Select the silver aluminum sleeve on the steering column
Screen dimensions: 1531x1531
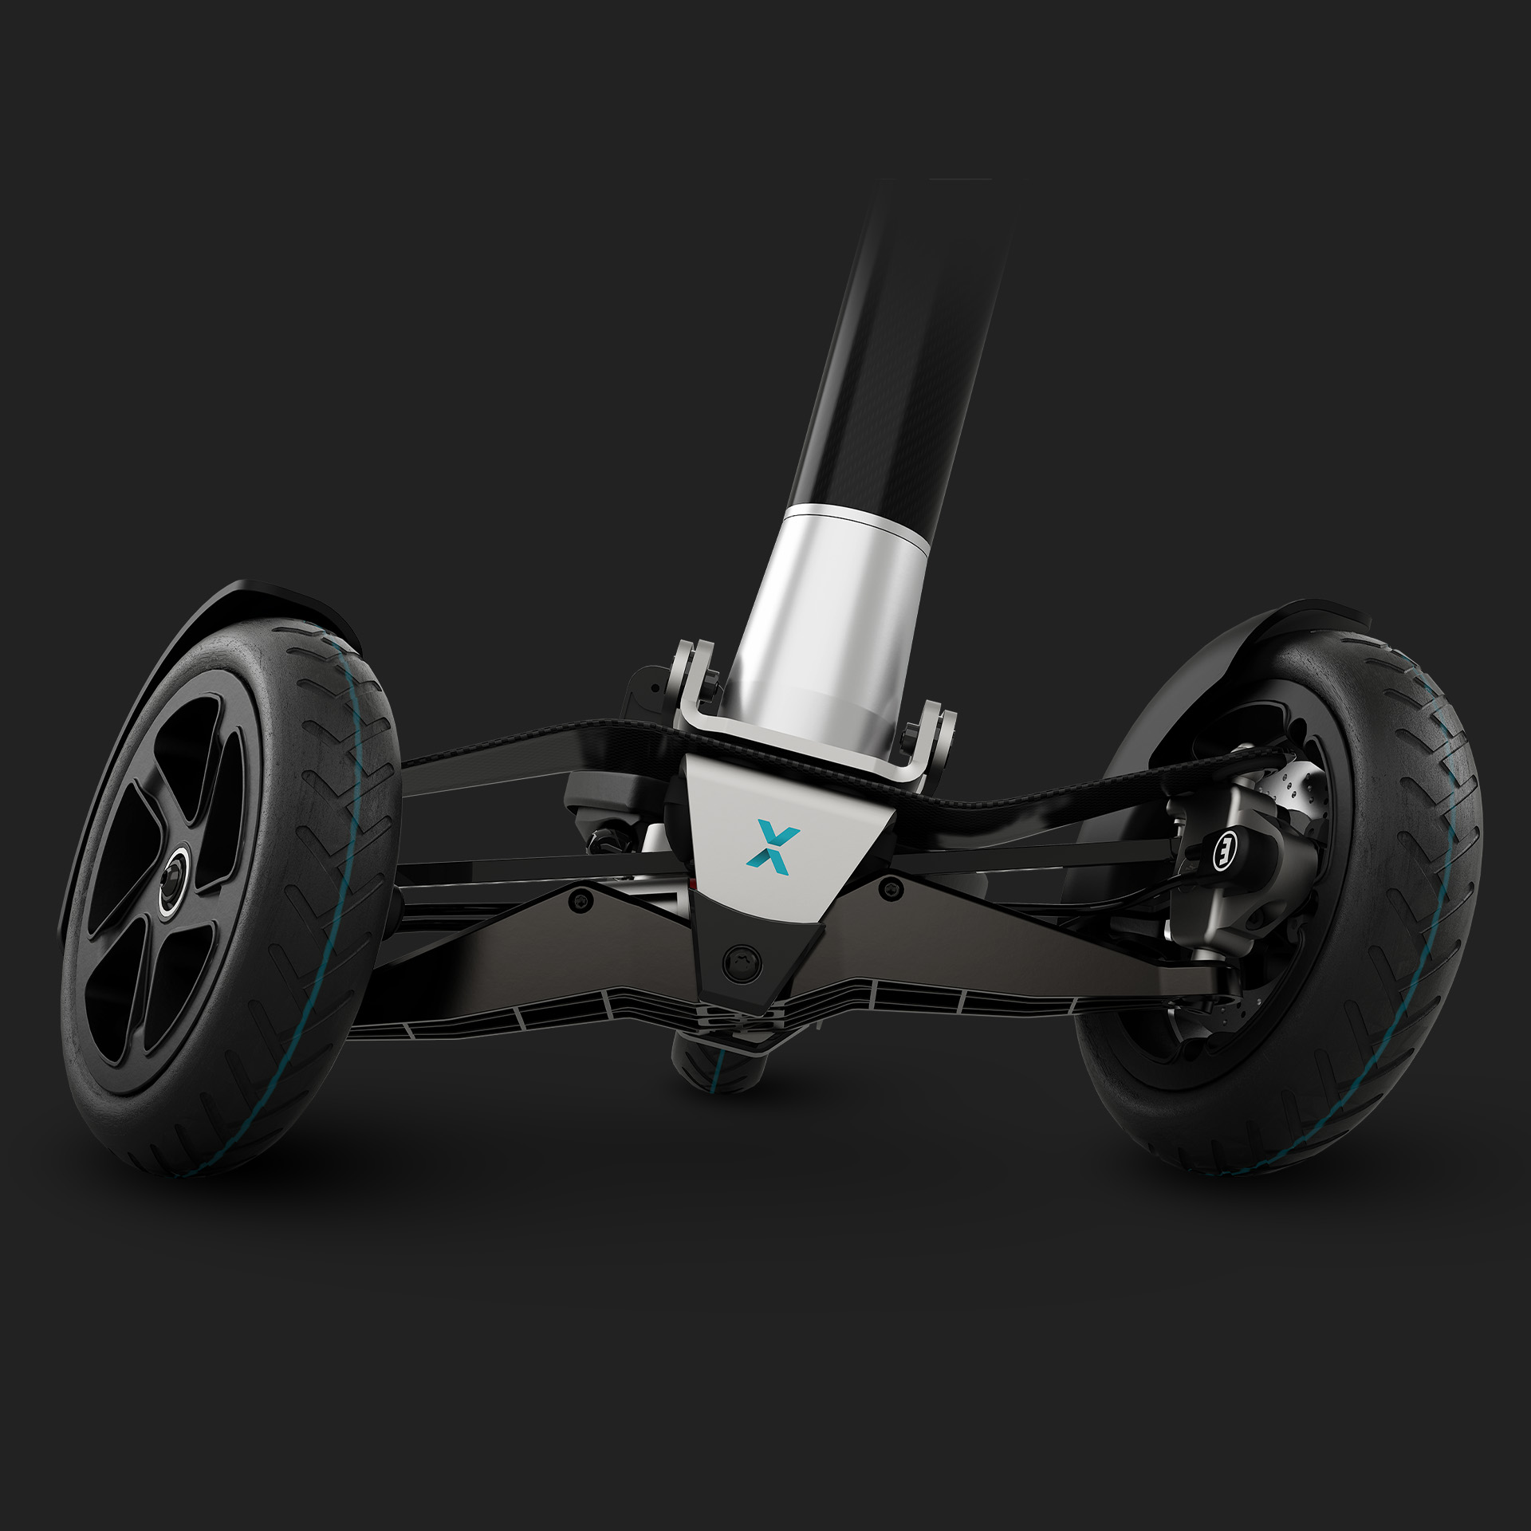coord(837,606)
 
